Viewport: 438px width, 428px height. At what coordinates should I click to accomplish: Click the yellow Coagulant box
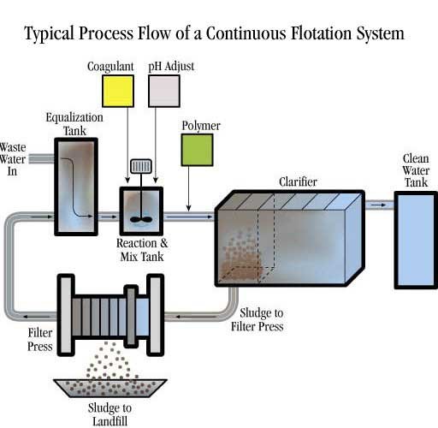[118, 91]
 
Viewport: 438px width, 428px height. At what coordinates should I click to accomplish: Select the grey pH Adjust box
[164, 91]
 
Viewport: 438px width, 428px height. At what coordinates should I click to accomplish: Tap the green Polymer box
[197, 150]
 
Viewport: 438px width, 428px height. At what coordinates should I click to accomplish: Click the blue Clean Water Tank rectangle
[416, 241]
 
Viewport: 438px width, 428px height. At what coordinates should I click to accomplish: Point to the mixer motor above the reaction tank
[141, 166]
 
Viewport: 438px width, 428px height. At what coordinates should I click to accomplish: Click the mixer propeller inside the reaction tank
[141, 219]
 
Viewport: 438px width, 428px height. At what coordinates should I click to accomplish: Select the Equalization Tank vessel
[76, 187]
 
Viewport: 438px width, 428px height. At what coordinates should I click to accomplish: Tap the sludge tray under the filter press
[110, 388]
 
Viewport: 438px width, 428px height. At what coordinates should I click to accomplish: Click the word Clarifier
[298, 181]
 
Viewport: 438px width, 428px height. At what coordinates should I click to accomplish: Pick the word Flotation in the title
[322, 33]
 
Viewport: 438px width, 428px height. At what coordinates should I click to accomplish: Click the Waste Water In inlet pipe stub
[42, 158]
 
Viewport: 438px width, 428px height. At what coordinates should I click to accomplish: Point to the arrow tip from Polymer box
[188, 211]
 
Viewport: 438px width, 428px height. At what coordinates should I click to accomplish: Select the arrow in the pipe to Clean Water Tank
[378, 205]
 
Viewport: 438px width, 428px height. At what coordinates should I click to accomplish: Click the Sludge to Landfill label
[109, 414]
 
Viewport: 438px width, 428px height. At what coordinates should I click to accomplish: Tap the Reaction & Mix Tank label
[142, 250]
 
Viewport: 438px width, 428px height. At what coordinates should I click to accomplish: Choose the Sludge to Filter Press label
[257, 319]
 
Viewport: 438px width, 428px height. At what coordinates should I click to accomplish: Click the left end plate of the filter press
[66, 315]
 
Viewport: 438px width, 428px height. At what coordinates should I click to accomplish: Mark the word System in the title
[381, 33]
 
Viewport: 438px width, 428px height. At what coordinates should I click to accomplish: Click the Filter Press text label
[40, 340]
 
